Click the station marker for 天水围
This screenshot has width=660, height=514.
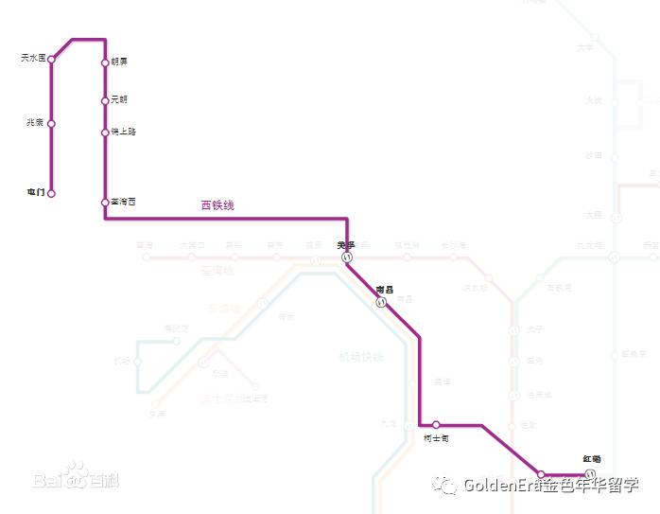tap(52, 60)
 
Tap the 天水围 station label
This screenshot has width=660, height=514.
tap(33, 59)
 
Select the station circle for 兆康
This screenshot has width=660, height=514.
tap(51, 123)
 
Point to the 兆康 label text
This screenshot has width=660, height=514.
tap(35, 123)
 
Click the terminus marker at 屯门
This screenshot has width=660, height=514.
tap(51, 193)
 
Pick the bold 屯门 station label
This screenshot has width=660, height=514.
tap(36, 192)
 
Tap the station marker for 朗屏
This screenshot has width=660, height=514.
tap(105, 63)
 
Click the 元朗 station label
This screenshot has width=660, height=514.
tap(119, 99)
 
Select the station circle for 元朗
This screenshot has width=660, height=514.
tap(105, 100)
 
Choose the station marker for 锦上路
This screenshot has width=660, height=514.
tap(105, 133)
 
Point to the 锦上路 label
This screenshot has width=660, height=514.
tap(123, 133)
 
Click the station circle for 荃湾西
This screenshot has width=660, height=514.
tap(105, 203)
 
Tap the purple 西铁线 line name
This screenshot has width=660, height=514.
tap(217, 205)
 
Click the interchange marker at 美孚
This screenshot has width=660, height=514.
tap(347, 257)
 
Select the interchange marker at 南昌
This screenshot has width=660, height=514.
tap(381, 303)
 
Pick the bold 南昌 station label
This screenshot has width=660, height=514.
tap(384, 289)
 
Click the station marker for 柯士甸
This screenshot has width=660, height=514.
tap(436, 425)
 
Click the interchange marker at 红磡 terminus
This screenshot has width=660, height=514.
tap(590, 473)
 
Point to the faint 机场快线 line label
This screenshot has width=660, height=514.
tap(361, 357)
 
